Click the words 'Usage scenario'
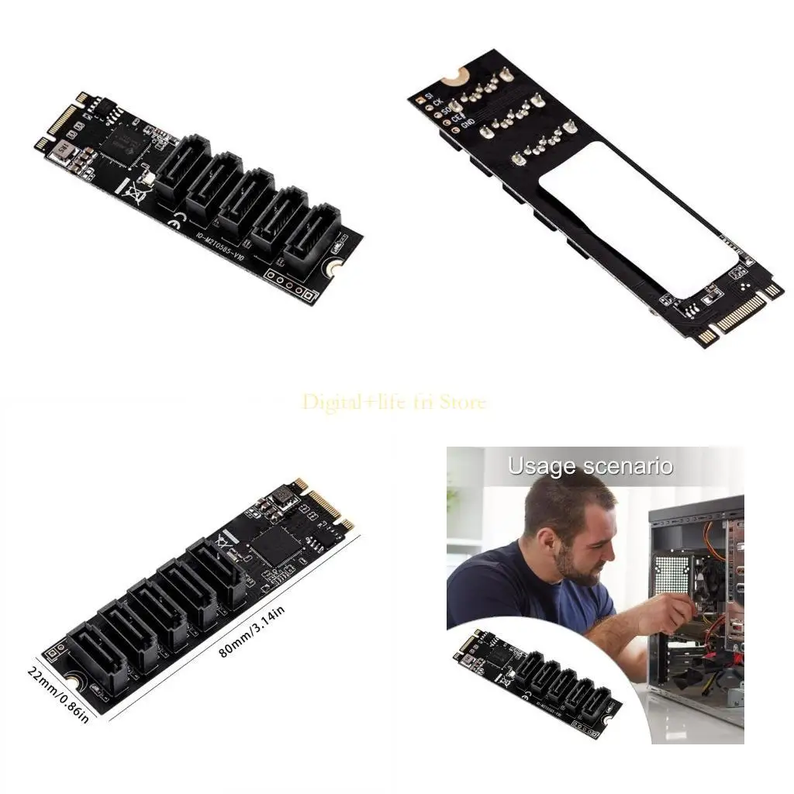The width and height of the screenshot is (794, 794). pyautogui.click(x=590, y=467)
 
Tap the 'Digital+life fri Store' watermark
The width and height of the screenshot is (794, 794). pyautogui.click(x=394, y=402)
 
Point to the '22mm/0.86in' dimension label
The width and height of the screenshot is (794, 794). pyautogui.click(x=59, y=693)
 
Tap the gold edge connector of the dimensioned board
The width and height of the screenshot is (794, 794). pyautogui.click(x=326, y=504)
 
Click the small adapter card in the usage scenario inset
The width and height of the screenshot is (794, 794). pyautogui.click(x=536, y=683)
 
